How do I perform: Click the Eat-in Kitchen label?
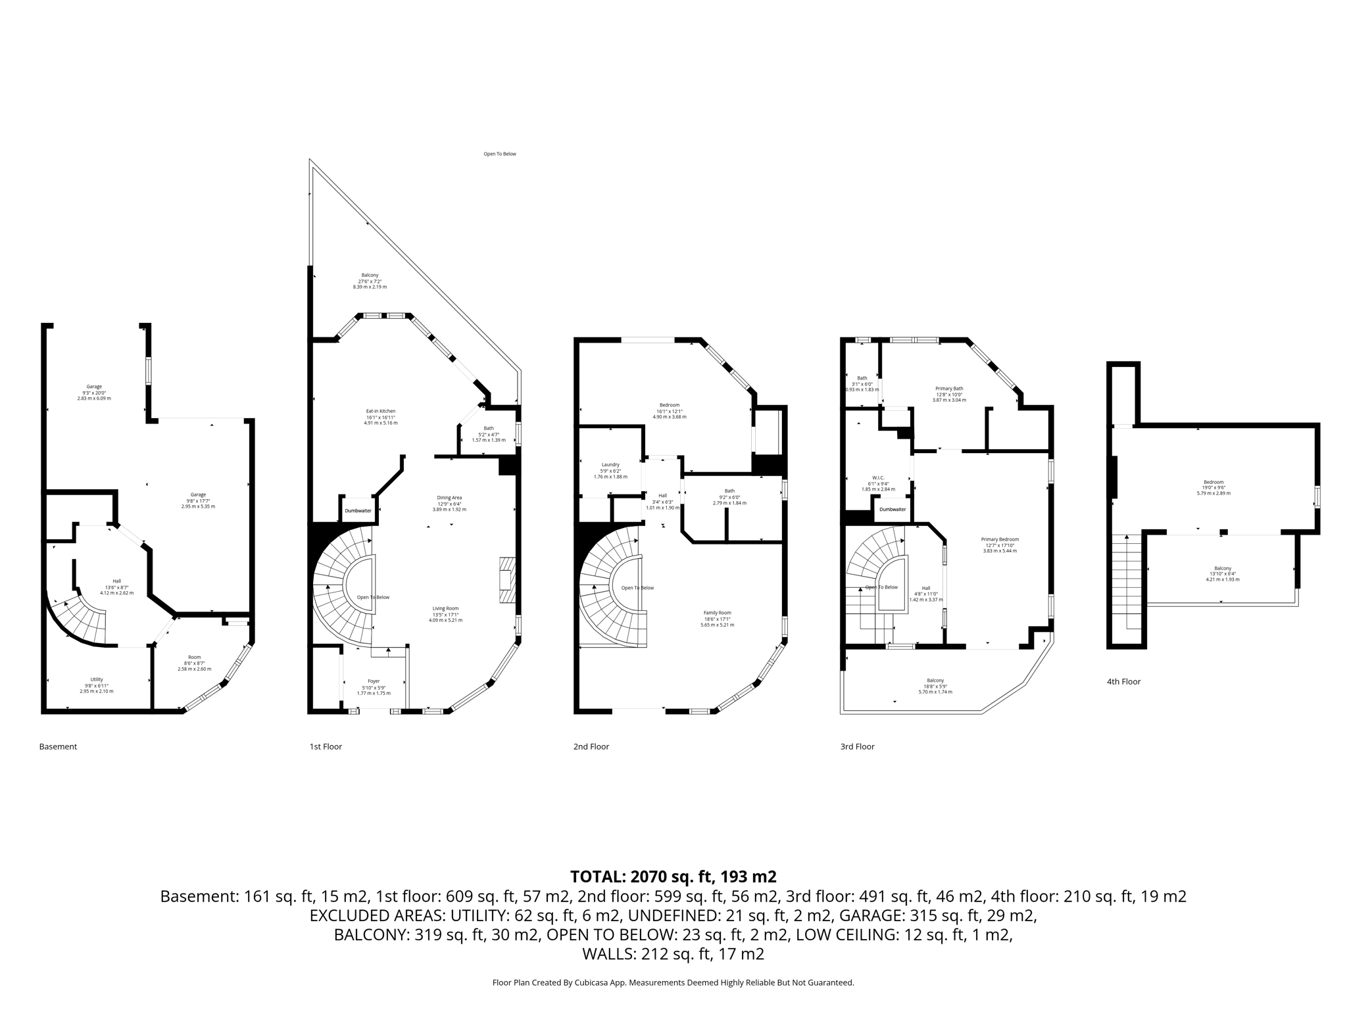pos(380,411)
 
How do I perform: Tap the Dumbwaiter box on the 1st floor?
pos(358,510)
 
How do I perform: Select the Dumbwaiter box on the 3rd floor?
pos(893,509)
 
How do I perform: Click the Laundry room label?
pos(610,465)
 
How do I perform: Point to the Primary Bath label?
pos(948,389)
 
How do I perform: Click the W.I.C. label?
pos(878,478)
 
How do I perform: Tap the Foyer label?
pos(374,681)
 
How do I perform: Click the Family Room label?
pos(717,613)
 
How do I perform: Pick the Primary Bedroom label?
pos(1000,539)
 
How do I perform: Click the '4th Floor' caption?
pos(1123,682)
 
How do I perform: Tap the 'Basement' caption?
pos(58,746)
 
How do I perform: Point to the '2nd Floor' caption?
pos(591,746)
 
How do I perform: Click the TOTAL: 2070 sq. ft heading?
pos(673,877)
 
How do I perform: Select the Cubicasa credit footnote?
pos(673,982)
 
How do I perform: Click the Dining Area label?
pos(449,498)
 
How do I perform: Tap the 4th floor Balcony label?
pos(1222,569)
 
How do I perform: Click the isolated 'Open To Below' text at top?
pos(500,154)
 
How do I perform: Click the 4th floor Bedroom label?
pos(1213,482)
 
